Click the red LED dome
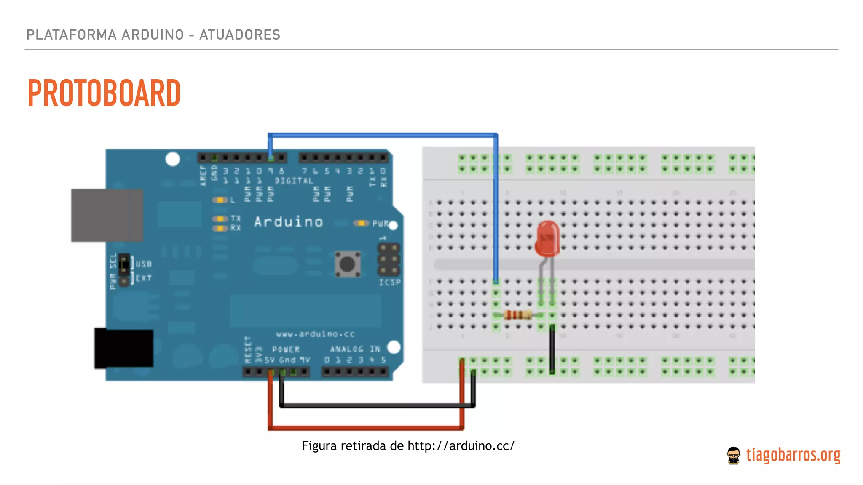pyautogui.click(x=547, y=238)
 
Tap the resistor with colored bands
pyautogui.click(x=517, y=315)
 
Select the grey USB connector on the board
pyautogui.click(x=107, y=215)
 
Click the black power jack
pyautogui.click(x=123, y=349)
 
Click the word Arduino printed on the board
pyautogui.click(x=289, y=222)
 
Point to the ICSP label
pyautogui.click(x=389, y=282)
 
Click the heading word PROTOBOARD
pyautogui.click(x=104, y=93)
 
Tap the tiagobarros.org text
pyautogui.click(x=793, y=455)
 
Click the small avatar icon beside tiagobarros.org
pyautogui.click(x=733, y=456)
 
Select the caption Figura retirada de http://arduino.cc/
pyautogui.click(x=408, y=446)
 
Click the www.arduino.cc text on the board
pyautogui.click(x=315, y=334)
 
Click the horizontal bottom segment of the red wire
pyautogui.click(x=366, y=428)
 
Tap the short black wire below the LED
pyautogui.click(x=552, y=349)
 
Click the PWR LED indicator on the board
pyautogui.click(x=361, y=223)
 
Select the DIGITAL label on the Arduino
pyautogui.click(x=294, y=181)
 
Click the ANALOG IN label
pyautogui.click(x=355, y=349)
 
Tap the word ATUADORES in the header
pyautogui.click(x=240, y=35)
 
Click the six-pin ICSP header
pyautogui.click(x=389, y=259)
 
